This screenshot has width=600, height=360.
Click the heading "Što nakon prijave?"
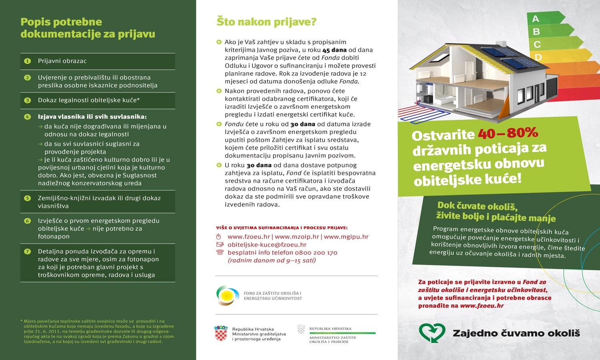(x=266, y=22)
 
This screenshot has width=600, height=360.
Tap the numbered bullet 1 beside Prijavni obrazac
(x=28, y=61)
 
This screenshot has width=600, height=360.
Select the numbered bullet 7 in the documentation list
(x=28, y=252)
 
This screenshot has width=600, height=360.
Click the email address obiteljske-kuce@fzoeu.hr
(x=267, y=245)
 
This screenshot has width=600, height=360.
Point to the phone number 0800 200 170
(x=316, y=253)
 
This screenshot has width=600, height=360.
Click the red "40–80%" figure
(x=508, y=133)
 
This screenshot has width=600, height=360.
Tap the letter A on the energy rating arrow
(x=536, y=19)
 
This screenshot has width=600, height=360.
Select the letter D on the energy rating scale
(x=538, y=58)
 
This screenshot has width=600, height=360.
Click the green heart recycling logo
(x=432, y=333)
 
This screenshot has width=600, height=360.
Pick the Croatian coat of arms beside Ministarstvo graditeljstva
(x=221, y=334)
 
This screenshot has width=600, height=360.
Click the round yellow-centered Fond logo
(x=228, y=296)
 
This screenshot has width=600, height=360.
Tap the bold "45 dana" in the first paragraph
(x=334, y=50)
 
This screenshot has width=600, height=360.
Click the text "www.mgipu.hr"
(x=346, y=237)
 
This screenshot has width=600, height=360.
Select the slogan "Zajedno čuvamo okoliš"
(x=516, y=333)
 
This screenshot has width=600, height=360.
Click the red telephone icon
(x=220, y=252)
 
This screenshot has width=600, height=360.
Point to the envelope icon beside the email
(x=220, y=245)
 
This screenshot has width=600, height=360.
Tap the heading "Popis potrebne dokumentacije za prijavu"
(x=88, y=28)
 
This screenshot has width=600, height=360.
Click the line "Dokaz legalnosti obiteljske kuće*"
(x=89, y=100)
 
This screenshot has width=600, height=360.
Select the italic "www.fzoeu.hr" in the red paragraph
(x=482, y=306)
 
